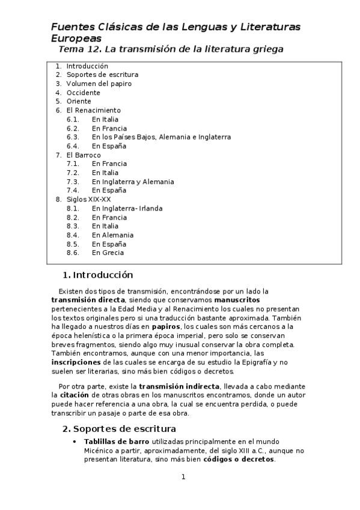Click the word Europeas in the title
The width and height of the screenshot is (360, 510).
76,38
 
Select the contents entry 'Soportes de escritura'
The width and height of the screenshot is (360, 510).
102,75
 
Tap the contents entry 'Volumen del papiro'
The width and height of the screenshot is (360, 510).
99,84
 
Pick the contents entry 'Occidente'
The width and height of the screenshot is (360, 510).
83,93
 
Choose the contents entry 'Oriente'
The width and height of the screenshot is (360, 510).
79,102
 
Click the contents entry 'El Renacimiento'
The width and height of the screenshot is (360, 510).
93,110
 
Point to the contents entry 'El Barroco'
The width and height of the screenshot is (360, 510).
84,155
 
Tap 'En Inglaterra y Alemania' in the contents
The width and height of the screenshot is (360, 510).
133,182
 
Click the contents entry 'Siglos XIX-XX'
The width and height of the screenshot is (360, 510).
88,199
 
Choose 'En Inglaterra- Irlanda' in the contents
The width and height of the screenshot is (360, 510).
127,209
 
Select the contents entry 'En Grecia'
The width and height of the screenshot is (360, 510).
108,253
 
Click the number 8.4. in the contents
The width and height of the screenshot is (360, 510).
73,235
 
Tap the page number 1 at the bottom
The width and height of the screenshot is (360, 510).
183,477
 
